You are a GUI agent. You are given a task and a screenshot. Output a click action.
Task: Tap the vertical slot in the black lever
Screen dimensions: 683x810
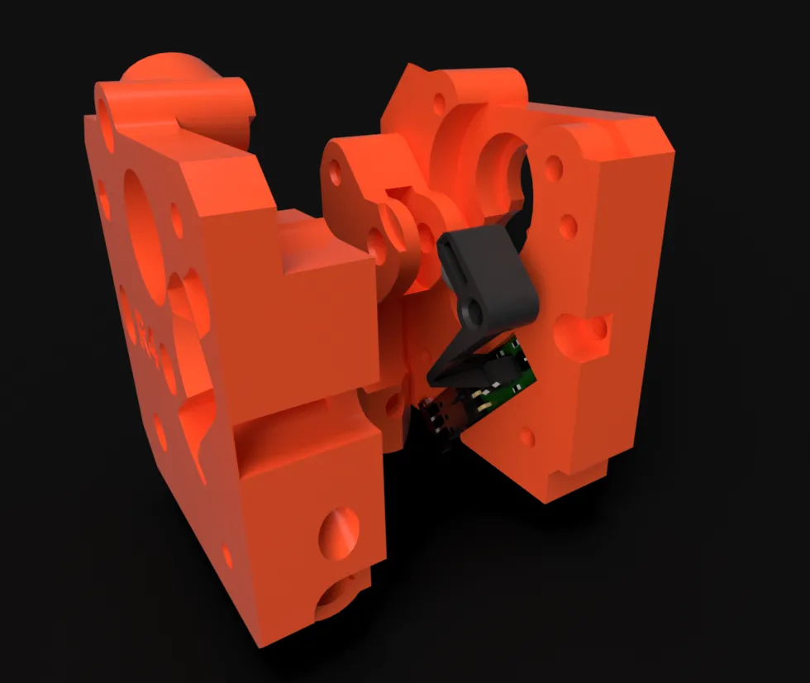[457, 264]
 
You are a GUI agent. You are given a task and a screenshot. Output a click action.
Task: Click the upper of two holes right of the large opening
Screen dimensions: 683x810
[554, 169]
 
